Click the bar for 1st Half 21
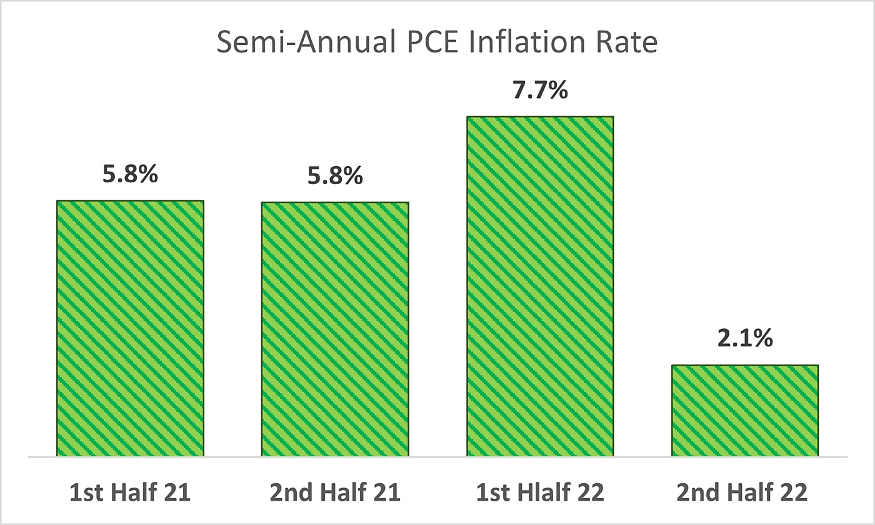130,328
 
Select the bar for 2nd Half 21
335,328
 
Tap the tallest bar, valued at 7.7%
540,286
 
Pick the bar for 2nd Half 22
745,410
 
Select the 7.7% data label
540,91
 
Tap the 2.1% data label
745,340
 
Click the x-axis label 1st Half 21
130,493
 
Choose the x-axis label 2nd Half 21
335,493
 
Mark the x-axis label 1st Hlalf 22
540,493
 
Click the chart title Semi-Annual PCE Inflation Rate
437,44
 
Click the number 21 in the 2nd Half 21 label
387,493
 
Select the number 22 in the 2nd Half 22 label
796,493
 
